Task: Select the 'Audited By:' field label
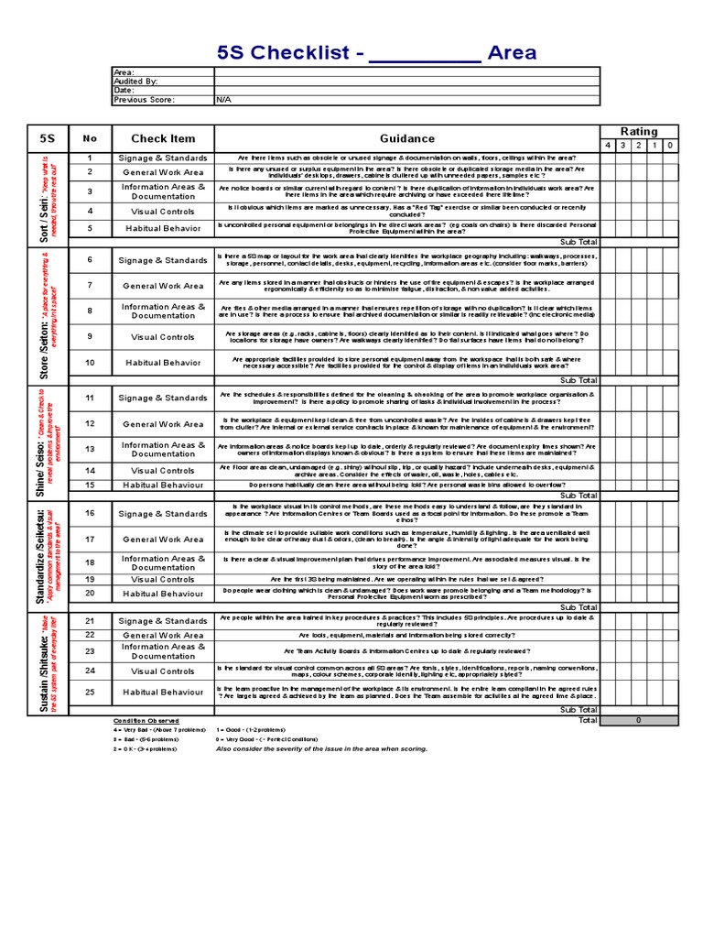[x=135, y=81]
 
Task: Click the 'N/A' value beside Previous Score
[x=223, y=100]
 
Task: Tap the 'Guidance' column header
[x=407, y=138]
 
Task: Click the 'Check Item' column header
[x=163, y=138]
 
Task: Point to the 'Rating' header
[x=639, y=132]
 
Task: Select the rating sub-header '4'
[x=609, y=146]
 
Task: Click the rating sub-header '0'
[x=670, y=146]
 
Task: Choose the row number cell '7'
[x=90, y=286]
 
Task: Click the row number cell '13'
[x=90, y=449]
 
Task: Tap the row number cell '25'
[x=90, y=693]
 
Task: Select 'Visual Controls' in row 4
[x=163, y=211]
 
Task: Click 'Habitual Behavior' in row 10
[x=163, y=363]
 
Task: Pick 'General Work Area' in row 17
[x=163, y=540]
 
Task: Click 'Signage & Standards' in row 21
[x=163, y=621]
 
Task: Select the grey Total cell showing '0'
[x=639, y=721]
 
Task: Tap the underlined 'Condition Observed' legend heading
[x=146, y=721]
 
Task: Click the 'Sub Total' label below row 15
[x=579, y=496]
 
